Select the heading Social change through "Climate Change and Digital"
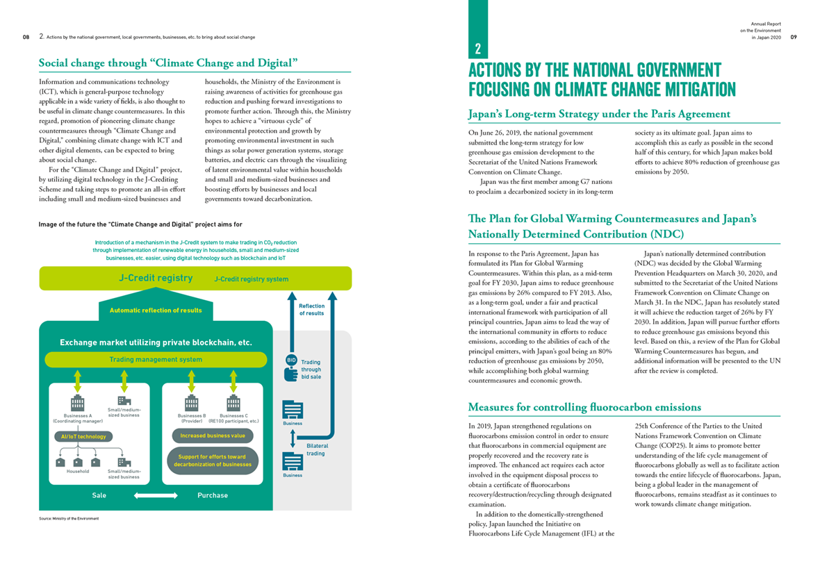tap(163, 63)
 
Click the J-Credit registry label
tap(156, 279)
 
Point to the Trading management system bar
tap(156, 359)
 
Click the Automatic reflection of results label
tap(156, 310)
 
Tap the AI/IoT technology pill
tap(83, 436)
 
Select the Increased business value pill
tap(213, 436)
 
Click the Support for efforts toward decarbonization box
tap(213, 460)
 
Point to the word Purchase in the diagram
tap(213, 495)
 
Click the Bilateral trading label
tap(317, 449)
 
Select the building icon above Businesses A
tap(77, 403)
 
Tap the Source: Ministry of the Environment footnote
tap(69, 519)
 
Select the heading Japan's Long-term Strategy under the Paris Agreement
tap(599, 113)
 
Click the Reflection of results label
tap(311, 310)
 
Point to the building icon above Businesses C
tap(233, 403)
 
